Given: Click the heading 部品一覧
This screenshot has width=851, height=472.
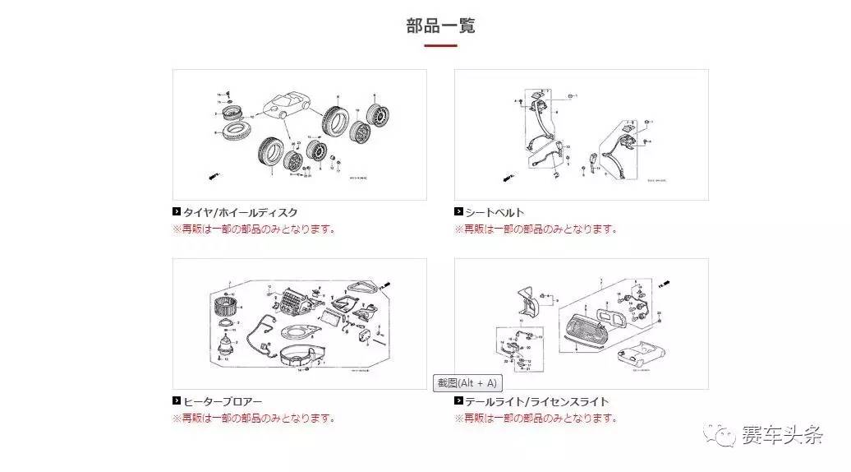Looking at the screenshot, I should point(440,25).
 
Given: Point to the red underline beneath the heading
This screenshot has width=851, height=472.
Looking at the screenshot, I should point(440,45).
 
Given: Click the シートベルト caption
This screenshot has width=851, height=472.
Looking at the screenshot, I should point(494,212).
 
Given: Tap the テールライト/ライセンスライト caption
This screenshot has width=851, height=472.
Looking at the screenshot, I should point(537,401).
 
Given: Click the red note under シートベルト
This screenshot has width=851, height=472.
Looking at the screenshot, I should point(536,229).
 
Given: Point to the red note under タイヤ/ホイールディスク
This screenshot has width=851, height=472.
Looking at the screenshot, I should point(254,229).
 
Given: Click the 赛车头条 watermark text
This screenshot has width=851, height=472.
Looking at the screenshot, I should point(781,436).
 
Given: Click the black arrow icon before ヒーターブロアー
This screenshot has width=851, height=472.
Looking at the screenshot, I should point(177,401).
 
